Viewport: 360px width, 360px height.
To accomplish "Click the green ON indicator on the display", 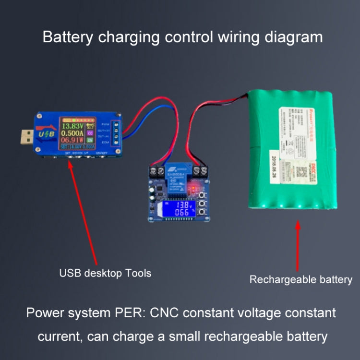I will pyautogui.click(x=90, y=141).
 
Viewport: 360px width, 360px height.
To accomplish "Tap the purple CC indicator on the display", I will pyautogui.click(x=90, y=133).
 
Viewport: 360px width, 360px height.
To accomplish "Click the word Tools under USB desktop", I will pyautogui.click(x=138, y=274).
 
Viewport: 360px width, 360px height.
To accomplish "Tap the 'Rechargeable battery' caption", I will pyautogui.click(x=300, y=279).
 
